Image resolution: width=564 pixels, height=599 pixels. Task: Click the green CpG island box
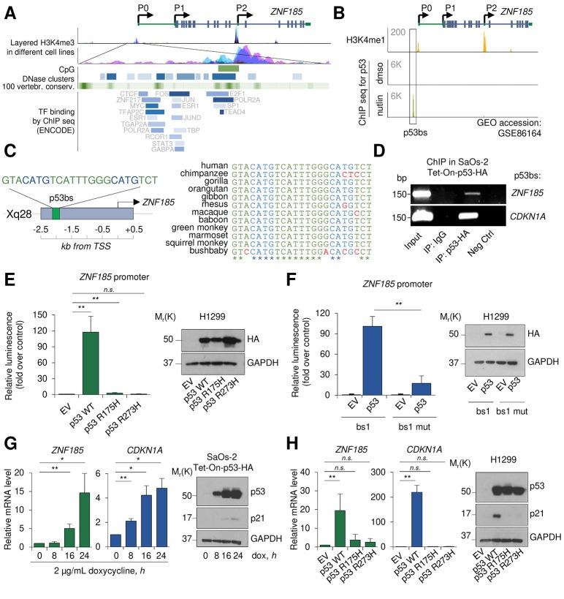pos(228,67)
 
